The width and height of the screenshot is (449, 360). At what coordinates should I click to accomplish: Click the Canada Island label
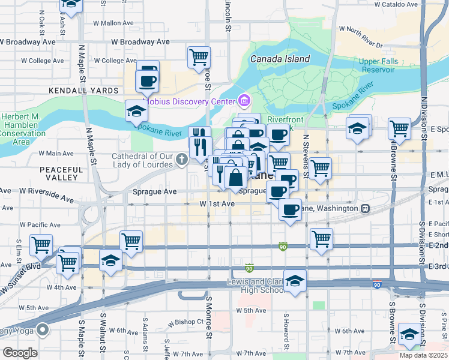(280, 59)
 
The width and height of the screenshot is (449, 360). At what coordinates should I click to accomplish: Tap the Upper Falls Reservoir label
(377, 65)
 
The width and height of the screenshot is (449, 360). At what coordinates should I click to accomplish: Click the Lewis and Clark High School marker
(295, 281)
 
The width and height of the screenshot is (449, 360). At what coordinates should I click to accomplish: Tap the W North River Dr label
(360, 29)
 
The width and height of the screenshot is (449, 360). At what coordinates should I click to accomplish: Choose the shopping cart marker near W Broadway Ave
(199, 58)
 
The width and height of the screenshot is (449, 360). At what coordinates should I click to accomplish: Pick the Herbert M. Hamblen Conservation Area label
(22, 129)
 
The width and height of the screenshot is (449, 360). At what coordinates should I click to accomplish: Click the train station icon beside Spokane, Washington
(364, 208)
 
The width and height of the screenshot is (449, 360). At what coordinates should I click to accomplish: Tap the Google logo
(20, 352)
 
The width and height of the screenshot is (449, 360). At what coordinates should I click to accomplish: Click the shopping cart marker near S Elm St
(41, 244)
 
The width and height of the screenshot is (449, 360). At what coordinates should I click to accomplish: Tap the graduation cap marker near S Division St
(409, 334)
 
